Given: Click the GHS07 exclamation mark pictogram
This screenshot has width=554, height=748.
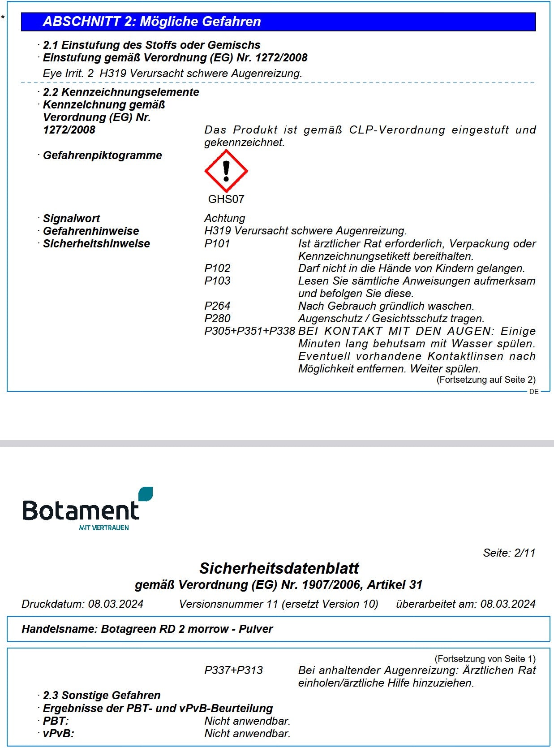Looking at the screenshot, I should pyautogui.click(x=226, y=171).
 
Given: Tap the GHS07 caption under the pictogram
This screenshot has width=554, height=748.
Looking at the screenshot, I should pyautogui.click(x=226, y=199).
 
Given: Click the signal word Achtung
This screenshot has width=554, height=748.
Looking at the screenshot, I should pyautogui.click(x=225, y=218).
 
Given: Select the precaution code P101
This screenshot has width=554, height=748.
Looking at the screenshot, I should pyautogui.click(x=217, y=244).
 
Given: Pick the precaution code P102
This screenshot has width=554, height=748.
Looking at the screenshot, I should pyautogui.click(x=217, y=268).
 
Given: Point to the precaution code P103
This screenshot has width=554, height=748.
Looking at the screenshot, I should pyautogui.click(x=217, y=281).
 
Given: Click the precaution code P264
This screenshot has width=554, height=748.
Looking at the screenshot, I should pyautogui.click(x=217, y=306).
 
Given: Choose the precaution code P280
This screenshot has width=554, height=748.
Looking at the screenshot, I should pyautogui.click(x=217, y=319).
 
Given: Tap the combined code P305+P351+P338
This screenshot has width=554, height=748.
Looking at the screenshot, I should pyautogui.click(x=249, y=331).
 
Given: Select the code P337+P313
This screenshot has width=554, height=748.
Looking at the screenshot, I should pyautogui.click(x=233, y=670).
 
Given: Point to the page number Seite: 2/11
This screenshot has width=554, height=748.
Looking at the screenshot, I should pyautogui.click(x=509, y=553).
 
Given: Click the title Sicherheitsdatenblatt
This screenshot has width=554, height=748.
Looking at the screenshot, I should pyautogui.click(x=279, y=568).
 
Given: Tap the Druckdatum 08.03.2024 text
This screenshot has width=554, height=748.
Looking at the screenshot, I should pyautogui.click(x=82, y=604).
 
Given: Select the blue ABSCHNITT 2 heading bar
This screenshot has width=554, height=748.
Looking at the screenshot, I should pyautogui.click(x=278, y=22).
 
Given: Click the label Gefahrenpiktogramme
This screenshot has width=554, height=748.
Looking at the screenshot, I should pyautogui.click(x=102, y=156).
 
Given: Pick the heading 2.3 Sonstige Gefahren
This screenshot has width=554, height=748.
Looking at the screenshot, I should pyautogui.click(x=102, y=696).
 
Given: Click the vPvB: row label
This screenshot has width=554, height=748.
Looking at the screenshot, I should pyautogui.click(x=58, y=734).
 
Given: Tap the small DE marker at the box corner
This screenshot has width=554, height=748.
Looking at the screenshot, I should pyautogui.click(x=534, y=392).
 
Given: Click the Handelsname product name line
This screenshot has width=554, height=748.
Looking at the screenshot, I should pyautogui.click(x=147, y=629).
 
